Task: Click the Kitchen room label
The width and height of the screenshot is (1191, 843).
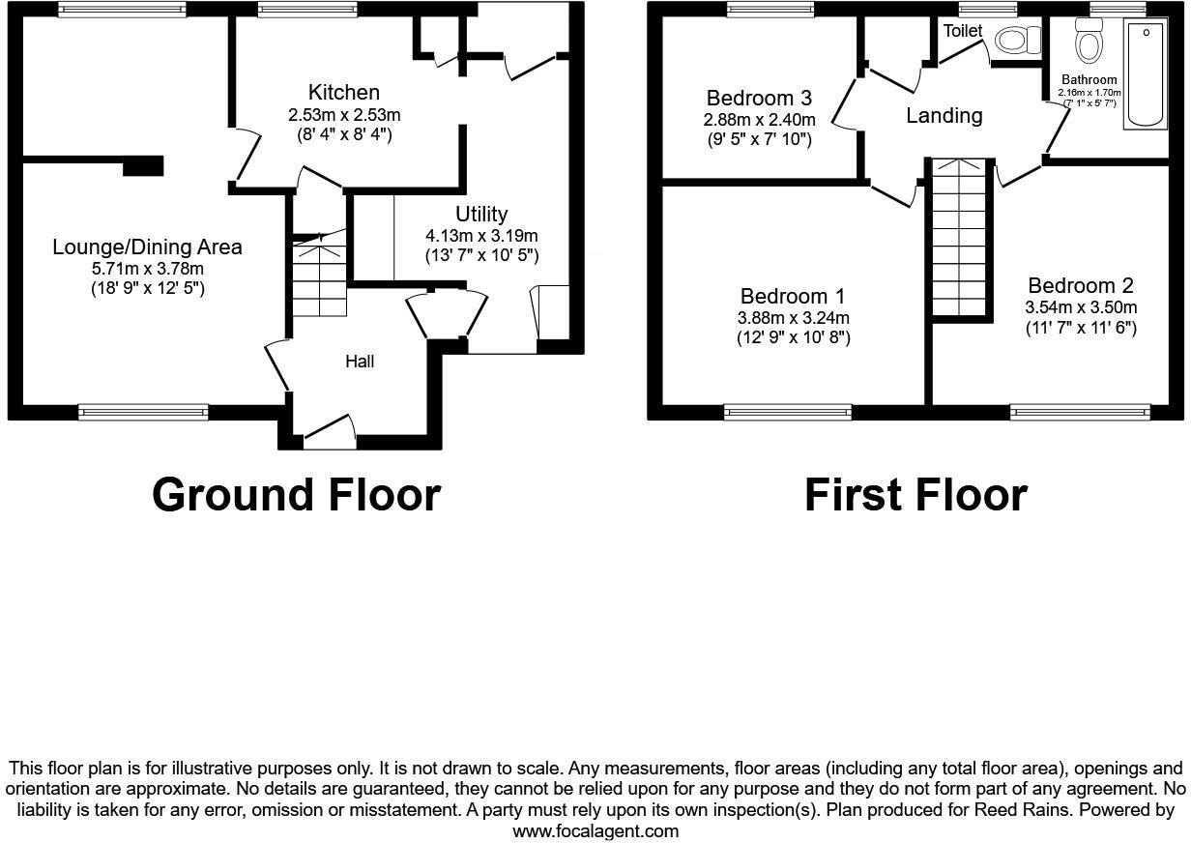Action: [x=343, y=93]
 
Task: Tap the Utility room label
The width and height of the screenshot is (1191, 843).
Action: [x=481, y=214]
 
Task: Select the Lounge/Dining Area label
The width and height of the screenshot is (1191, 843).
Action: [x=147, y=247]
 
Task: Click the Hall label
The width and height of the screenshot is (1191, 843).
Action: [x=360, y=362]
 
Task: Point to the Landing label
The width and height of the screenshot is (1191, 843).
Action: [x=944, y=116]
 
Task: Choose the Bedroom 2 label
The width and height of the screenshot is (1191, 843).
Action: [x=1081, y=286]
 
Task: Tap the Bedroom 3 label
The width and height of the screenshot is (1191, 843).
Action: [x=759, y=98]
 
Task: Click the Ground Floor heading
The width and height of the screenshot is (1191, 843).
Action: [x=296, y=495]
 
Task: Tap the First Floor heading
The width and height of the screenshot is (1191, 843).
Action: [x=915, y=495]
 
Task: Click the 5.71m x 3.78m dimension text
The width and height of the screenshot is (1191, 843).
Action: [x=147, y=269]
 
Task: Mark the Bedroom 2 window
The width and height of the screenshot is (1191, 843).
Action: [x=1081, y=413]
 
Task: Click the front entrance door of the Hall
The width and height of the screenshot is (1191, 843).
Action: [x=329, y=429]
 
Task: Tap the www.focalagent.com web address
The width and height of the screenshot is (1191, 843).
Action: [x=595, y=831]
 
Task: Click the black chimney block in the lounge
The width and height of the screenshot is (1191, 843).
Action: [x=142, y=165]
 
